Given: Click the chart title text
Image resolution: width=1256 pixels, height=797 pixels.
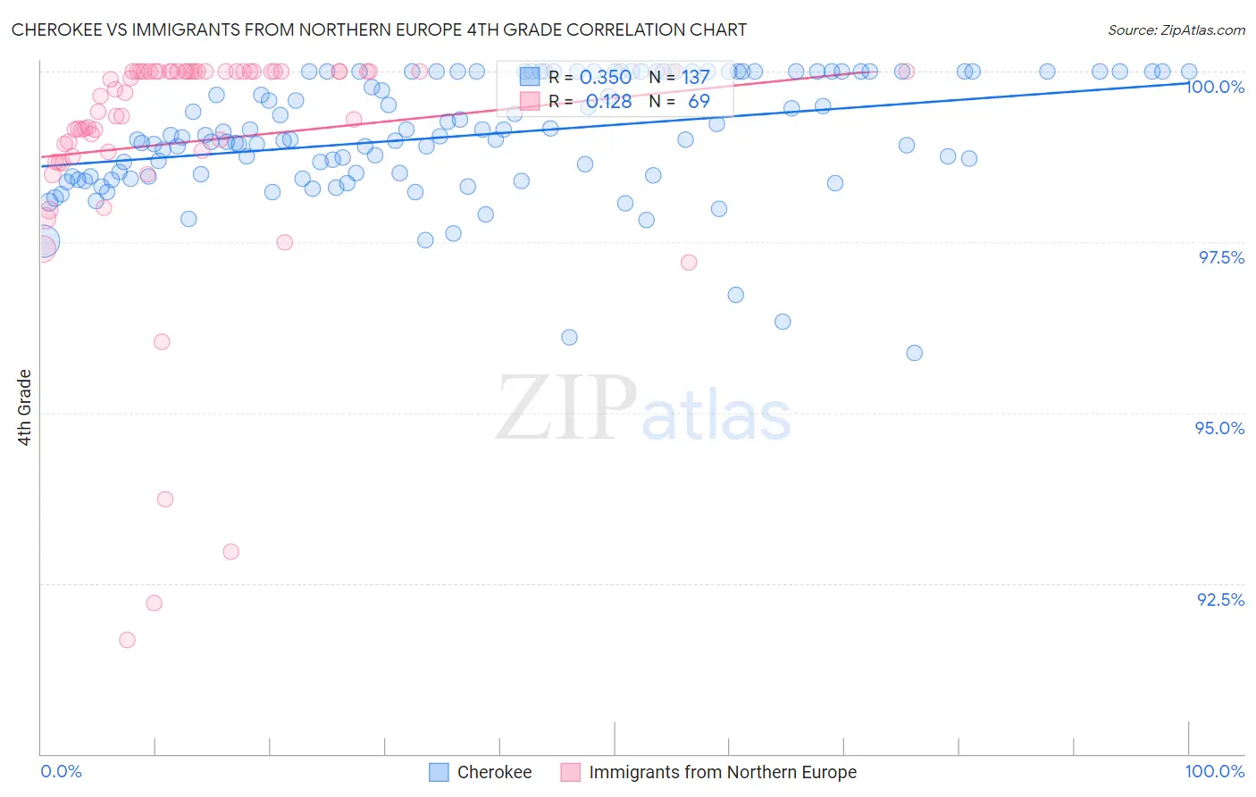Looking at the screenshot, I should (379, 29).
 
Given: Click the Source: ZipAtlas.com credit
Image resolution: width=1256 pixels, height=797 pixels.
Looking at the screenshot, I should (1176, 29).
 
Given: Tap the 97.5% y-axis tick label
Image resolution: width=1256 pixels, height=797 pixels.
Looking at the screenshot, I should (1221, 257).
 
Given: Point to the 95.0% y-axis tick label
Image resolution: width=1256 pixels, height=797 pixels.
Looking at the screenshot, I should (1219, 428).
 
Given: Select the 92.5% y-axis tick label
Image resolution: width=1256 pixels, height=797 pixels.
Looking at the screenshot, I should (1220, 600).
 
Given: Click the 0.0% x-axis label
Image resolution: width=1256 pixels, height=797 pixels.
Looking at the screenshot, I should (61, 771).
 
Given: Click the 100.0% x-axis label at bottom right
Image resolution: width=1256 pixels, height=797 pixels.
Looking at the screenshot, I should (1214, 771).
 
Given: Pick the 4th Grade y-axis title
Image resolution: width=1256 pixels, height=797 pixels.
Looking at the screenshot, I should (24, 407).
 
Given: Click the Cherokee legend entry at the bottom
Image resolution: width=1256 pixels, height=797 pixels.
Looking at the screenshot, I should (494, 772).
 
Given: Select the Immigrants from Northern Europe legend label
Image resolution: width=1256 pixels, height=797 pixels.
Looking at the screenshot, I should (722, 772).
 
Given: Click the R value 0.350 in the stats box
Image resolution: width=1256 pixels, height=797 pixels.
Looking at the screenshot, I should (606, 78).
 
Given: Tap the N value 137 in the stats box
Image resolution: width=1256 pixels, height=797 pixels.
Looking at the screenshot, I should (696, 78).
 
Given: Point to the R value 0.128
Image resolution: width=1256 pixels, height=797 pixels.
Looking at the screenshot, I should (608, 102).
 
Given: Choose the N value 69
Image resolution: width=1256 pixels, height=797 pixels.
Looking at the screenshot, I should (699, 102).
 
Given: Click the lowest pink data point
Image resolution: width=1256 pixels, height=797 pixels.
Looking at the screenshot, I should (127, 640).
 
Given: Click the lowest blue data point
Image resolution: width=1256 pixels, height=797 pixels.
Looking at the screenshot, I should (914, 353).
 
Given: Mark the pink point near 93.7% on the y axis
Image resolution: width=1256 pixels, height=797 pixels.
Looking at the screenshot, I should (165, 499).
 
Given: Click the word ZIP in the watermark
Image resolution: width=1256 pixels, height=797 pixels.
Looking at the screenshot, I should (565, 408).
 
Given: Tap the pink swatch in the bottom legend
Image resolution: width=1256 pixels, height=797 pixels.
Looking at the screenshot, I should (570, 772).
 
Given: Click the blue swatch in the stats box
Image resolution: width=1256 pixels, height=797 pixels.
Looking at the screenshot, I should (530, 77).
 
